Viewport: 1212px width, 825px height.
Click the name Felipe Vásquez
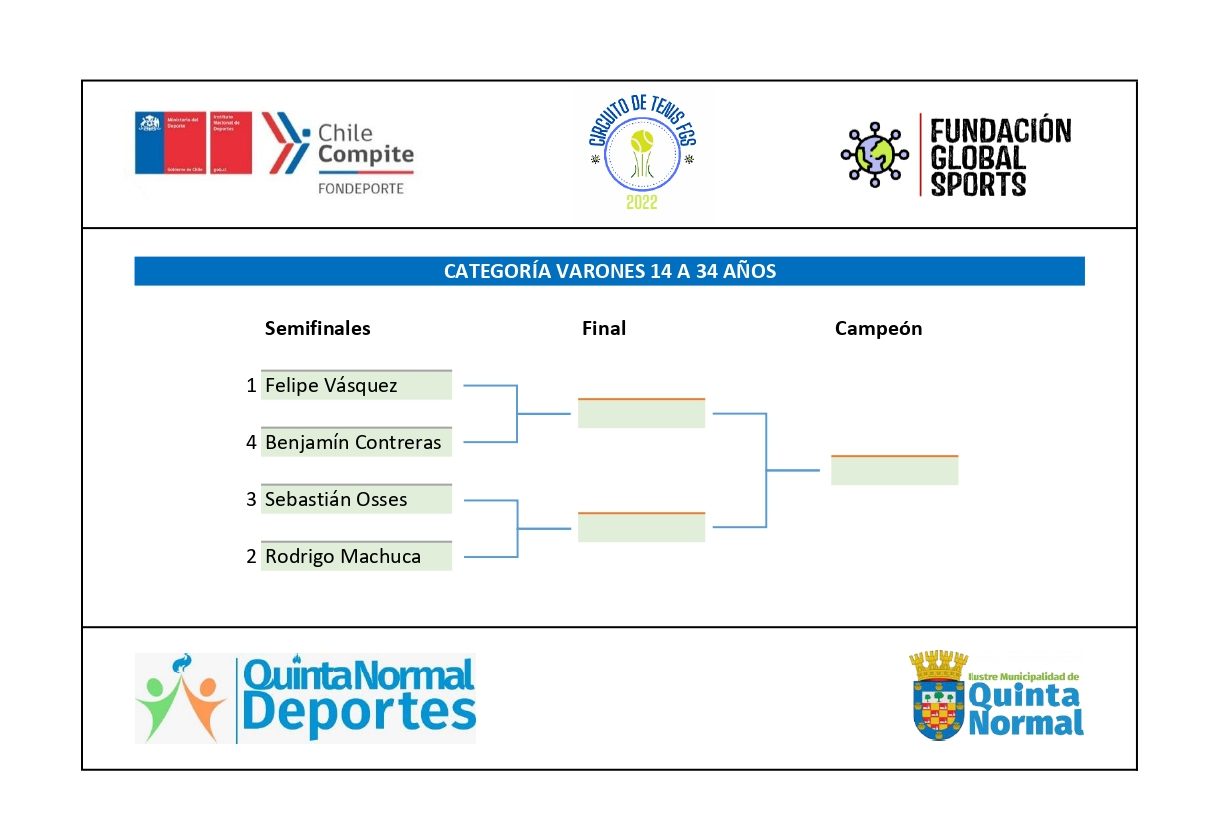tap(331, 386)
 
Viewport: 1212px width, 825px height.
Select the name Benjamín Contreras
tap(353, 443)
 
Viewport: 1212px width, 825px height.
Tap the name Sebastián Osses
tap(336, 500)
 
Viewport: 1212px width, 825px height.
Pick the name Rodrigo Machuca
tap(342, 557)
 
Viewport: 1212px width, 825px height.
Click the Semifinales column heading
tap(317, 329)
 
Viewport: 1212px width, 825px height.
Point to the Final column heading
tap(604, 329)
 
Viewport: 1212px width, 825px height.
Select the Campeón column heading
tap(878, 329)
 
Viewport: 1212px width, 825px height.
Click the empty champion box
tap(894, 471)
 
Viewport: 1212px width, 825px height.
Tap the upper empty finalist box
tap(641, 414)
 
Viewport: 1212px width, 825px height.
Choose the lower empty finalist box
tap(641, 528)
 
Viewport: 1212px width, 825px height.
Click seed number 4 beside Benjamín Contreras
tap(251, 443)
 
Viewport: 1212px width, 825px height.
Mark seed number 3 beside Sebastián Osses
tap(251, 500)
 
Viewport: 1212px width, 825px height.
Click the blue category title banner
tap(609, 271)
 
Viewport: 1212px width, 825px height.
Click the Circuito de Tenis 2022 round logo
tap(643, 155)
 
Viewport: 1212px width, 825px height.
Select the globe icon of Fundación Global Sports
tap(874, 155)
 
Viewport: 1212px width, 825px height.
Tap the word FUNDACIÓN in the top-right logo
tap(1001, 131)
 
